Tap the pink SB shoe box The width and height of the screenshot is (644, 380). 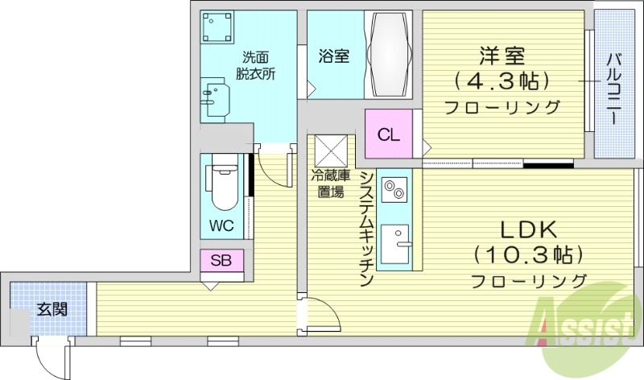[x=222, y=260]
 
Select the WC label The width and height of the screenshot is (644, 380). [x=221, y=225]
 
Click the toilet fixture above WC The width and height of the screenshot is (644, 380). [x=221, y=188]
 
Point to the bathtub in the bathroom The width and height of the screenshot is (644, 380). [x=389, y=54]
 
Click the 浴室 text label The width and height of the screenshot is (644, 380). [x=333, y=56]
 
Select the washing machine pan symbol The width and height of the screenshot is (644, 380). [x=217, y=29]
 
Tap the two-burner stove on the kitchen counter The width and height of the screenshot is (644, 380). [x=394, y=190]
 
